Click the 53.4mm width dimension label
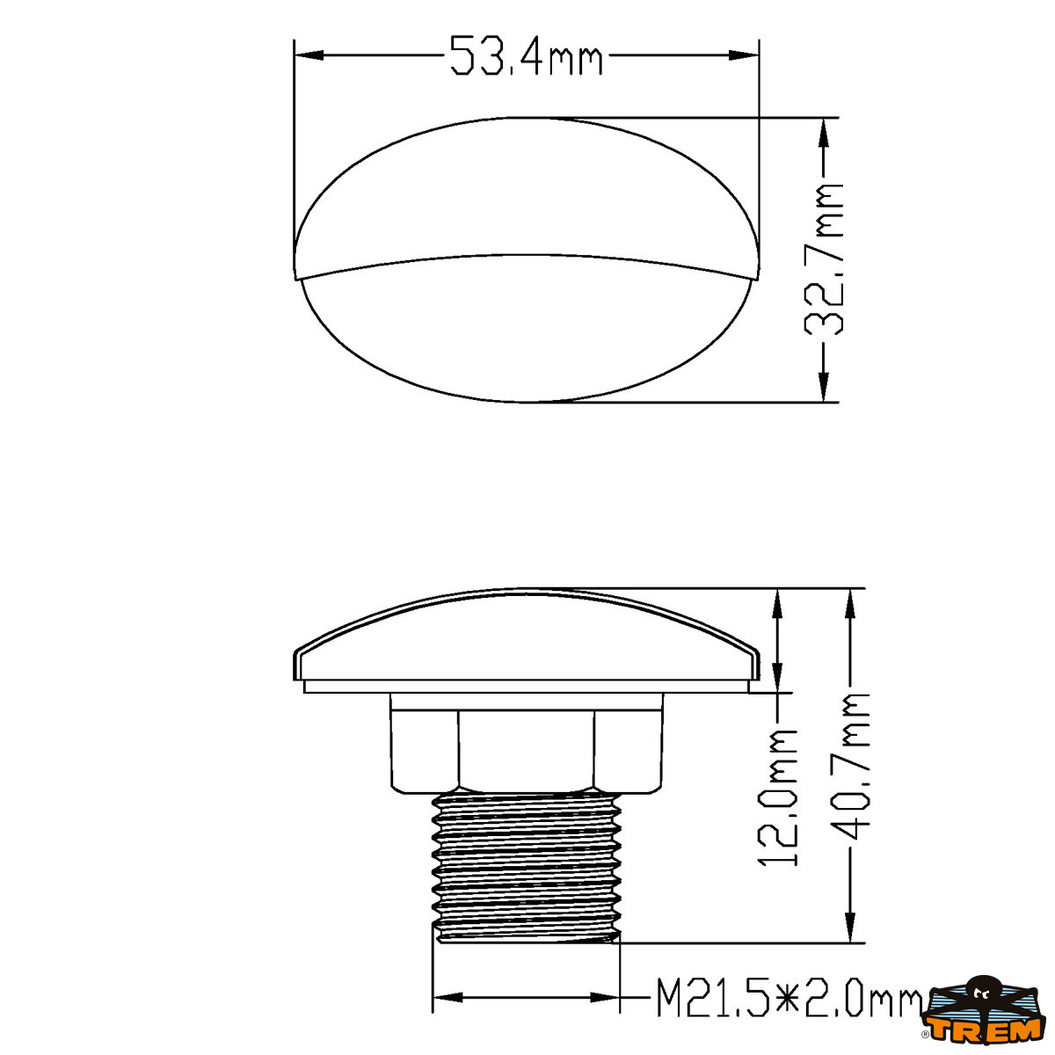point(526,55)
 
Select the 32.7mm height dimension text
point(824,259)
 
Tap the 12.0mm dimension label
point(778,797)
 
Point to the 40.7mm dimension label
point(850,765)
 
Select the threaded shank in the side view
point(527,866)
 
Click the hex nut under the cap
point(526,743)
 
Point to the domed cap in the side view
point(526,633)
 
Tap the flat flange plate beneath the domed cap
point(526,686)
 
